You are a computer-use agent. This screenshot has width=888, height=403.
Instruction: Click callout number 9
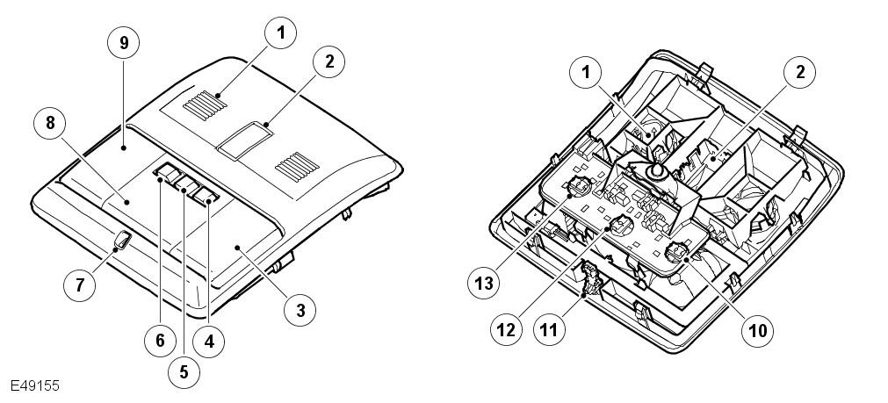[124, 43]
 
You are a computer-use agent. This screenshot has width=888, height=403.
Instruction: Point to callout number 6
[159, 339]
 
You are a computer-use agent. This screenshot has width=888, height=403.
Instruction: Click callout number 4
[209, 339]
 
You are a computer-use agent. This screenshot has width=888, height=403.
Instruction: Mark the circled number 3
[300, 308]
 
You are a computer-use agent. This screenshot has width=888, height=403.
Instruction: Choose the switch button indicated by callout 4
[208, 194]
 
